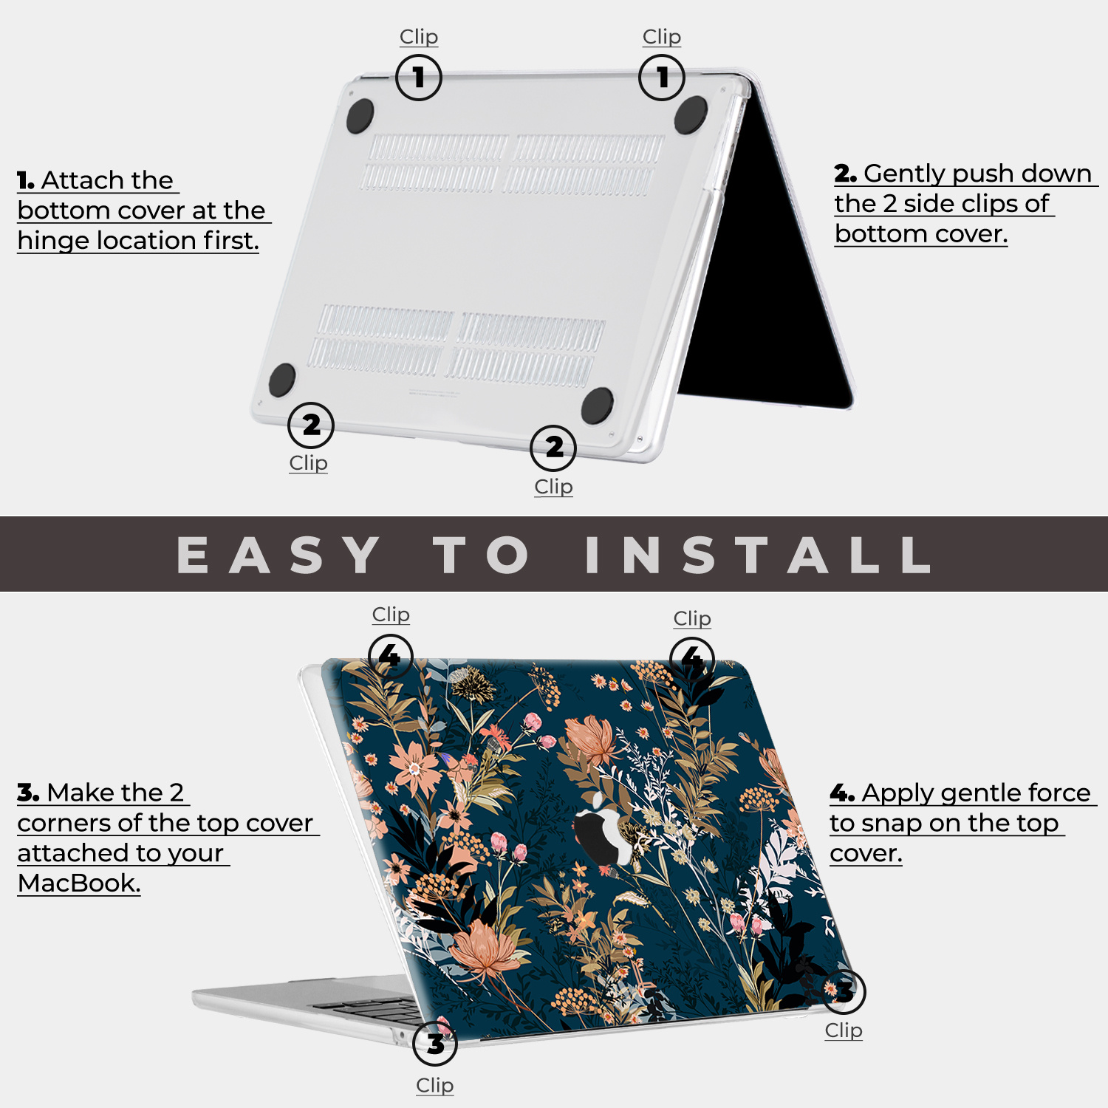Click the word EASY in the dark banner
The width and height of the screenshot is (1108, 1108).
278,555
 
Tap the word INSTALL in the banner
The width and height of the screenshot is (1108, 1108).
758,555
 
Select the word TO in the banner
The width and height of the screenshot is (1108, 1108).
482,555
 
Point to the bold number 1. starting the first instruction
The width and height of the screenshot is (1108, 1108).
26,180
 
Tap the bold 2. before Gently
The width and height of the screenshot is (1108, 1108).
845,174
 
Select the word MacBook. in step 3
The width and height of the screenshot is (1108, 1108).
79,883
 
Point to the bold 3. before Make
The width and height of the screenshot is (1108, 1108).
28,793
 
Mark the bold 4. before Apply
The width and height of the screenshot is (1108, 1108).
842,793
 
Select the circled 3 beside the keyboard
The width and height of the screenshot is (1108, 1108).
435,1044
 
